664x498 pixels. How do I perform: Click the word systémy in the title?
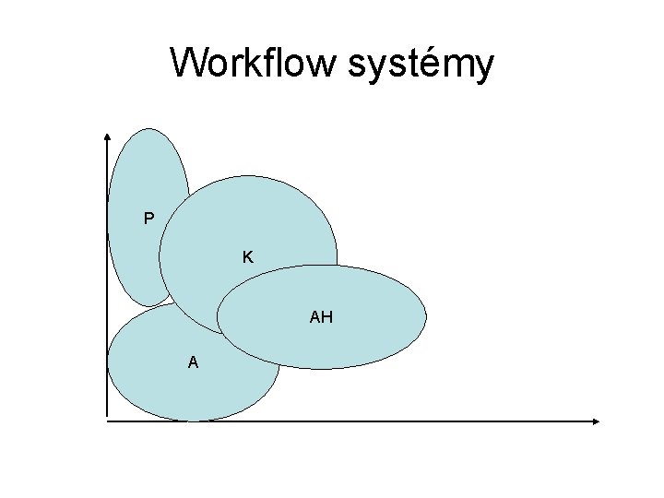point(421,66)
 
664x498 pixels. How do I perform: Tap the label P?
point(148,219)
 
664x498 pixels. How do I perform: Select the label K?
point(248,256)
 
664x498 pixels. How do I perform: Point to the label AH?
point(321,318)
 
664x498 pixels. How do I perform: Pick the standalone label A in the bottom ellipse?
point(193,362)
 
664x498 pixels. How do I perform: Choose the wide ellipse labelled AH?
point(369,318)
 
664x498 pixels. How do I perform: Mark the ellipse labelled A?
point(166,378)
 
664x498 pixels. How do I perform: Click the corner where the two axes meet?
point(107,421)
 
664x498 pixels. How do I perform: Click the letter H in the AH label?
point(326,318)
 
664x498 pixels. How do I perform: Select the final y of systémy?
point(484,68)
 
